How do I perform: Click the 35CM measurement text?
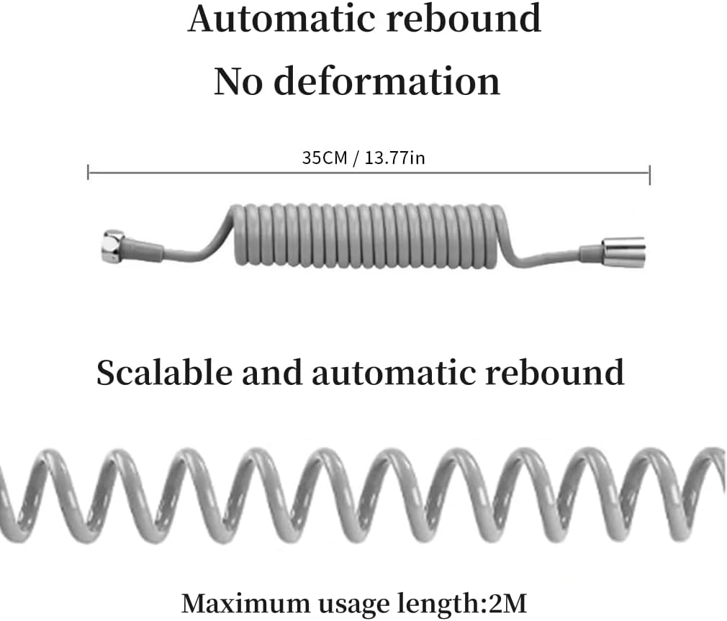coord(325,158)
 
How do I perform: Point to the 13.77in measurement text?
coord(394,158)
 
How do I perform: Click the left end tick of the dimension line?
coord(88,173)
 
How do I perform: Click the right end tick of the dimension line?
coord(649,174)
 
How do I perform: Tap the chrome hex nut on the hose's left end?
coord(113,247)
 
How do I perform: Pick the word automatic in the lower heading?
coord(393,373)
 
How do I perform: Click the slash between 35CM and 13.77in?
coord(356,158)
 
